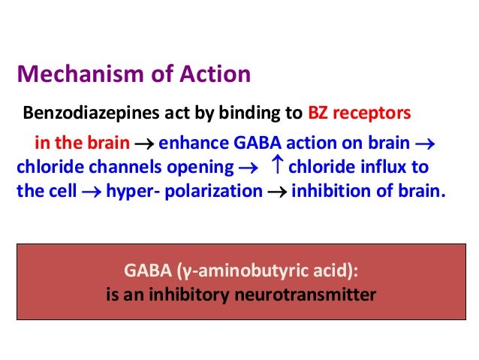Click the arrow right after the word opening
(x=248, y=167)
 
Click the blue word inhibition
(x=325, y=190)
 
